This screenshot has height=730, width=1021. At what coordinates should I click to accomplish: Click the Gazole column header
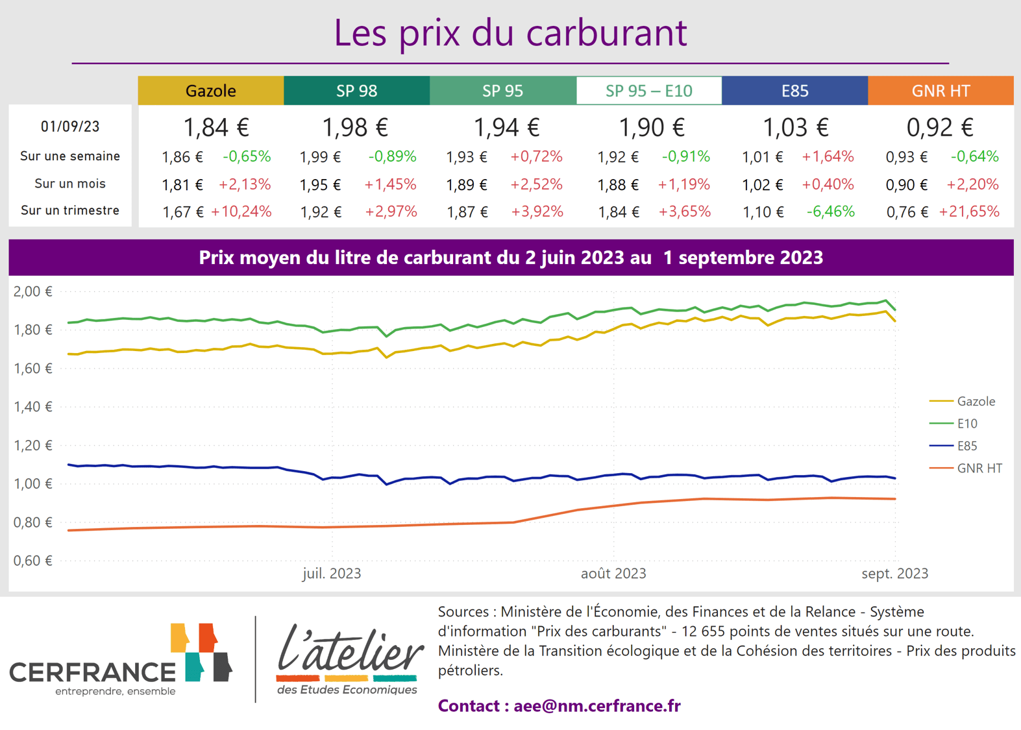[x=210, y=91]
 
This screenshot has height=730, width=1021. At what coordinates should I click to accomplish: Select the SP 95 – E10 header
[x=648, y=91]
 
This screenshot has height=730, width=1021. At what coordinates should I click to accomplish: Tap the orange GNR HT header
[x=940, y=91]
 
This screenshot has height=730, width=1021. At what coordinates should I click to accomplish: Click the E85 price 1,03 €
[x=794, y=127]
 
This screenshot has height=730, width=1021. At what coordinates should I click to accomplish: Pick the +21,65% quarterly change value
[x=969, y=212]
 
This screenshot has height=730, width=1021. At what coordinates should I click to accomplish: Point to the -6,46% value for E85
[x=830, y=212]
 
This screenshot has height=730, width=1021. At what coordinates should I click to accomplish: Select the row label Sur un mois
[x=70, y=184]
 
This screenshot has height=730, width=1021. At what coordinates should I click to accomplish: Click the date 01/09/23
[x=70, y=127]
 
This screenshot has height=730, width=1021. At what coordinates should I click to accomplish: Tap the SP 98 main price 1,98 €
[x=355, y=127]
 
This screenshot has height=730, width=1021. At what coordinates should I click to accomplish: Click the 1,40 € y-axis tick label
[x=32, y=407]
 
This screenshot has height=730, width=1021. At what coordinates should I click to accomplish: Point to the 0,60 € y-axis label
[x=32, y=561]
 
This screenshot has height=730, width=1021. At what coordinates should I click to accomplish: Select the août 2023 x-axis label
[x=613, y=574]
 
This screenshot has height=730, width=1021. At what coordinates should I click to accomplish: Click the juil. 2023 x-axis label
[x=332, y=574]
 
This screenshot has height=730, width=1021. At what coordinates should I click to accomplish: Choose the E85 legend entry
[x=966, y=446]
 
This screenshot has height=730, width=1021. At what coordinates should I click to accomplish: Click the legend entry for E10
[x=966, y=424]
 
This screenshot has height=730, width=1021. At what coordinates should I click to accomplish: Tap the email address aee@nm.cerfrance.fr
[x=597, y=706]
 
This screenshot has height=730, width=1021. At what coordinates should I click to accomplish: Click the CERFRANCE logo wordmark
[x=93, y=672]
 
